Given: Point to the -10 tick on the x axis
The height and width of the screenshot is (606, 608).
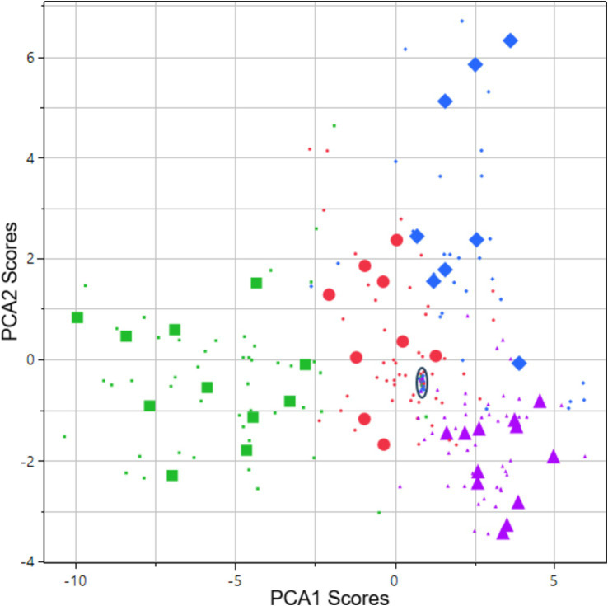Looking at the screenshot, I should click(x=76, y=574).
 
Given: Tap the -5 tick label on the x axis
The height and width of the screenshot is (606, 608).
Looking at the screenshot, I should click(x=235, y=574).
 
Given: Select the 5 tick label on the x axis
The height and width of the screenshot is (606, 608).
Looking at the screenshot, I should click(x=554, y=574).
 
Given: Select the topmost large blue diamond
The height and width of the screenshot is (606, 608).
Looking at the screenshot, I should click(x=510, y=40).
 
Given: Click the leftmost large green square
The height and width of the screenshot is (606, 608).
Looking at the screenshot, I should click(x=77, y=317).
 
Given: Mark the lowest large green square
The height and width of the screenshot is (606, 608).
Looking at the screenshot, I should click(x=172, y=475).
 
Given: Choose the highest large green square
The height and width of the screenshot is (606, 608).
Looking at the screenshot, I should click(x=256, y=283).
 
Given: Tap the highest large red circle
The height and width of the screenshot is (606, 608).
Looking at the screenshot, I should click(x=396, y=240).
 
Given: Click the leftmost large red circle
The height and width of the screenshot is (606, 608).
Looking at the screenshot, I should click(x=329, y=294).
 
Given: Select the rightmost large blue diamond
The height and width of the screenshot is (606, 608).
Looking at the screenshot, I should click(x=519, y=363).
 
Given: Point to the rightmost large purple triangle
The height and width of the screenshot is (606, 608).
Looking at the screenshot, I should click(x=553, y=456).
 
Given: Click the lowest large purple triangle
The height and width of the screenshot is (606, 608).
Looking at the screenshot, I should click(x=503, y=533).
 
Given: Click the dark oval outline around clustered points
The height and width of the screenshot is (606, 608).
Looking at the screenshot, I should click(x=422, y=383).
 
